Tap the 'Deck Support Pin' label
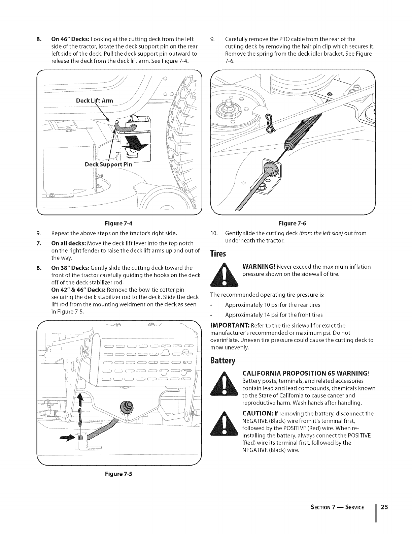108,165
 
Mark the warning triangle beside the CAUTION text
224,425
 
